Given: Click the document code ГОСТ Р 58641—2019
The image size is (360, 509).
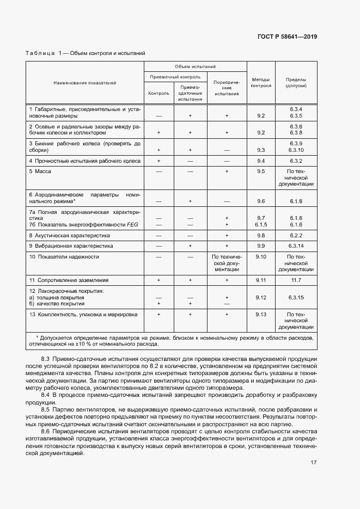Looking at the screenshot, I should (x=287, y=36).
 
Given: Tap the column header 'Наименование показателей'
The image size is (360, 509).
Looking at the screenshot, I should (x=84, y=83).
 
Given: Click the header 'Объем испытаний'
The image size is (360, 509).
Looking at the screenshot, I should (x=195, y=65).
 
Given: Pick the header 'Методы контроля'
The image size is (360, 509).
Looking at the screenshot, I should (x=260, y=83).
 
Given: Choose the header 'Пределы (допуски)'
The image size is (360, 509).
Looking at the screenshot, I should (x=296, y=83).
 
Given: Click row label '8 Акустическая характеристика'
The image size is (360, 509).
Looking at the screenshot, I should (x=70, y=236).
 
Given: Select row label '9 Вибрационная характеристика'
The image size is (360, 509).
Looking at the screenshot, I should (x=70, y=246).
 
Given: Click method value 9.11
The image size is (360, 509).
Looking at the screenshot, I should (x=260, y=280).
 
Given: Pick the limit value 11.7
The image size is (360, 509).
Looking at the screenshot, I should (x=296, y=280).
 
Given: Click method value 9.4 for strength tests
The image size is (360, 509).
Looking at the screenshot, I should (x=260, y=161).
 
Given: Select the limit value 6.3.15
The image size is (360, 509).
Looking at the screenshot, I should (x=296, y=298).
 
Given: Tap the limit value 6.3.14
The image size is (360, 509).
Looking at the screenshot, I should (x=296, y=246).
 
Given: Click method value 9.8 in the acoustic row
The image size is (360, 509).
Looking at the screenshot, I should (x=260, y=236).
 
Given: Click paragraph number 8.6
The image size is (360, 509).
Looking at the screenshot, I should (x=46, y=431).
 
